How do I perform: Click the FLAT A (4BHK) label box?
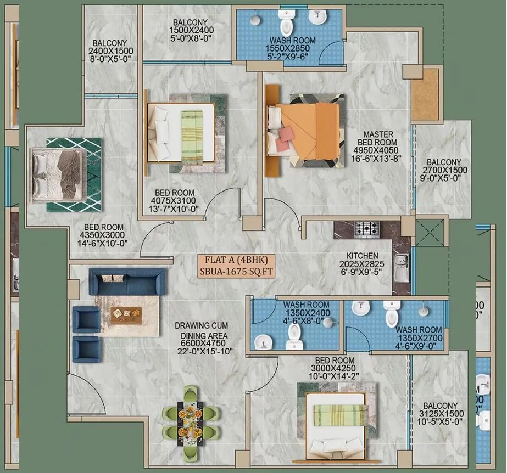click(x=237, y=266)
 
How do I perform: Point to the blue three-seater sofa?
click(x=128, y=281)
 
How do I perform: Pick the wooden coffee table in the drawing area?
click(x=126, y=315)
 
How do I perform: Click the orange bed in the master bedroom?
click(x=303, y=131)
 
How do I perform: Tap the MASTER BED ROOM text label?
click(x=377, y=138)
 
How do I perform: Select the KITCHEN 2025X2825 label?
click(x=362, y=260)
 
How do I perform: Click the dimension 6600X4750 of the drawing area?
click(x=203, y=343)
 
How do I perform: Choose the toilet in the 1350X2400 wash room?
click(x=294, y=336)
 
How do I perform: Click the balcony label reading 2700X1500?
click(x=444, y=170)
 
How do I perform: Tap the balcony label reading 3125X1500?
click(x=441, y=414)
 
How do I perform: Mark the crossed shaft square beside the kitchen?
click(x=430, y=233)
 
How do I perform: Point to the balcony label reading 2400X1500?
click(x=110, y=50)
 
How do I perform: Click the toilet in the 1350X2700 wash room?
click(x=391, y=313)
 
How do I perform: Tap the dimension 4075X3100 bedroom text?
click(x=174, y=201)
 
